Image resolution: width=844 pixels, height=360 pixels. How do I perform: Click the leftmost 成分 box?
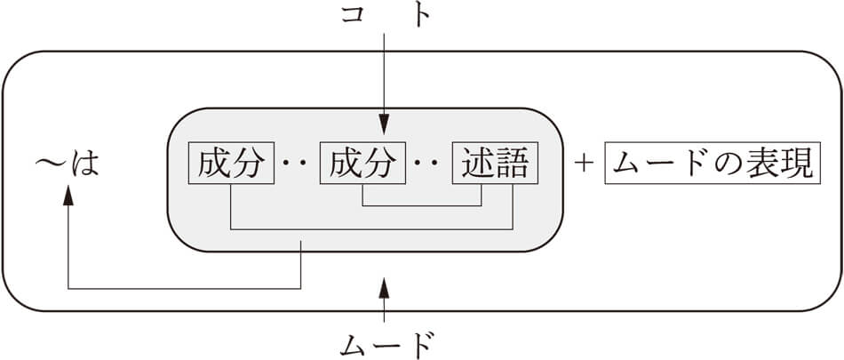[230, 164]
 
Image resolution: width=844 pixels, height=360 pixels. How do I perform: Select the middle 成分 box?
[362, 164]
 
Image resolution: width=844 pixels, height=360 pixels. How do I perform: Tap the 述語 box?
[494, 164]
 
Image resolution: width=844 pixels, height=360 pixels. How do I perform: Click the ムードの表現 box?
[711, 164]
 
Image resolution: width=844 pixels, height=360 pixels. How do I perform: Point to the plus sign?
[583, 164]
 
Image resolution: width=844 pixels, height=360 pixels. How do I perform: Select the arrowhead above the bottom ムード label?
[384, 285]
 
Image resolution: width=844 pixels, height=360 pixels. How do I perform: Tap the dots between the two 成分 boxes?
[296, 164]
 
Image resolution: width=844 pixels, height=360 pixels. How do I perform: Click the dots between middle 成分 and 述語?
[428, 164]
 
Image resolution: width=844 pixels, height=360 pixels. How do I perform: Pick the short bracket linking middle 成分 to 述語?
[438, 205]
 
